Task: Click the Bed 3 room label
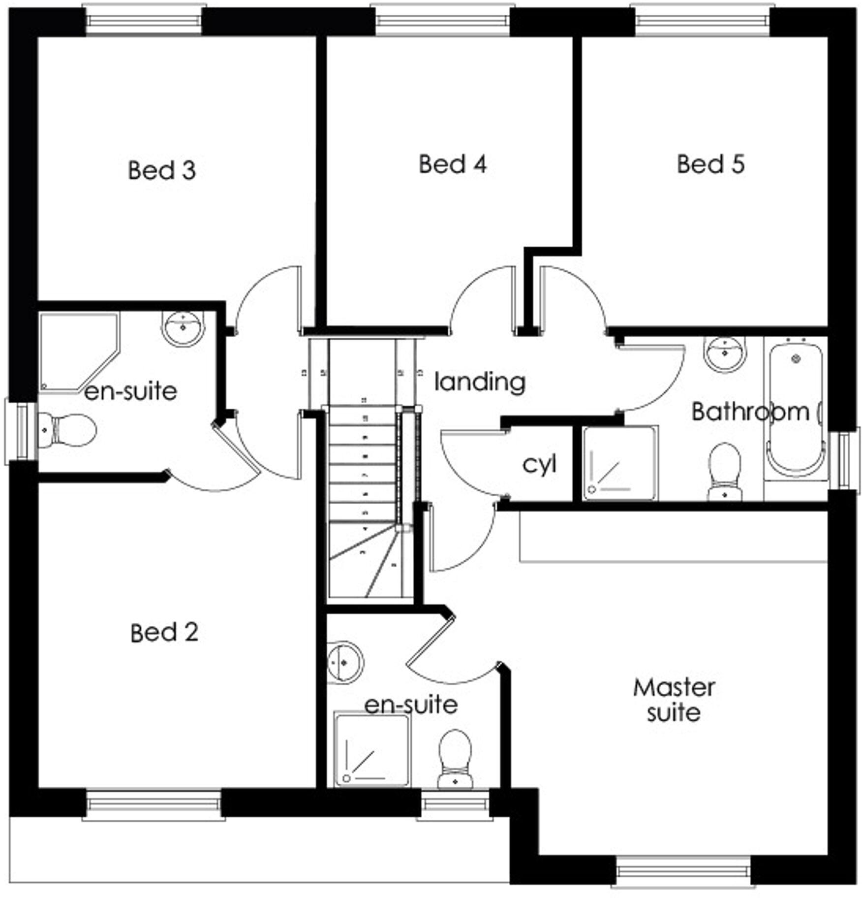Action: click(x=162, y=170)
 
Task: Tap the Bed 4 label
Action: click(x=453, y=164)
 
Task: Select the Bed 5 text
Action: click(x=710, y=164)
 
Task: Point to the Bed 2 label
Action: click(x=164, y=633)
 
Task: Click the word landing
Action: click(x=480, y=383)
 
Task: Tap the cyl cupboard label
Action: click(x=539, y=464)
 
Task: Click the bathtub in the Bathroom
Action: click(x=796, y=409)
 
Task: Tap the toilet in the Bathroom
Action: click(x=724, y=472)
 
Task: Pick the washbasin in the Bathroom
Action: click(x=724, y=353)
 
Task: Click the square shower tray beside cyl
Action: click(x=619, y=463)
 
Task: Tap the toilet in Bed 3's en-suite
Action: click(x=66, y=430)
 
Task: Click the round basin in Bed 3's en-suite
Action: click(x=183, y=327)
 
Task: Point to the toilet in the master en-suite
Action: click(x=455, y=758)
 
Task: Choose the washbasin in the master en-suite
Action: click(x=344, y=662)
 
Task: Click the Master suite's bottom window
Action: click(x=683, y=871)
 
